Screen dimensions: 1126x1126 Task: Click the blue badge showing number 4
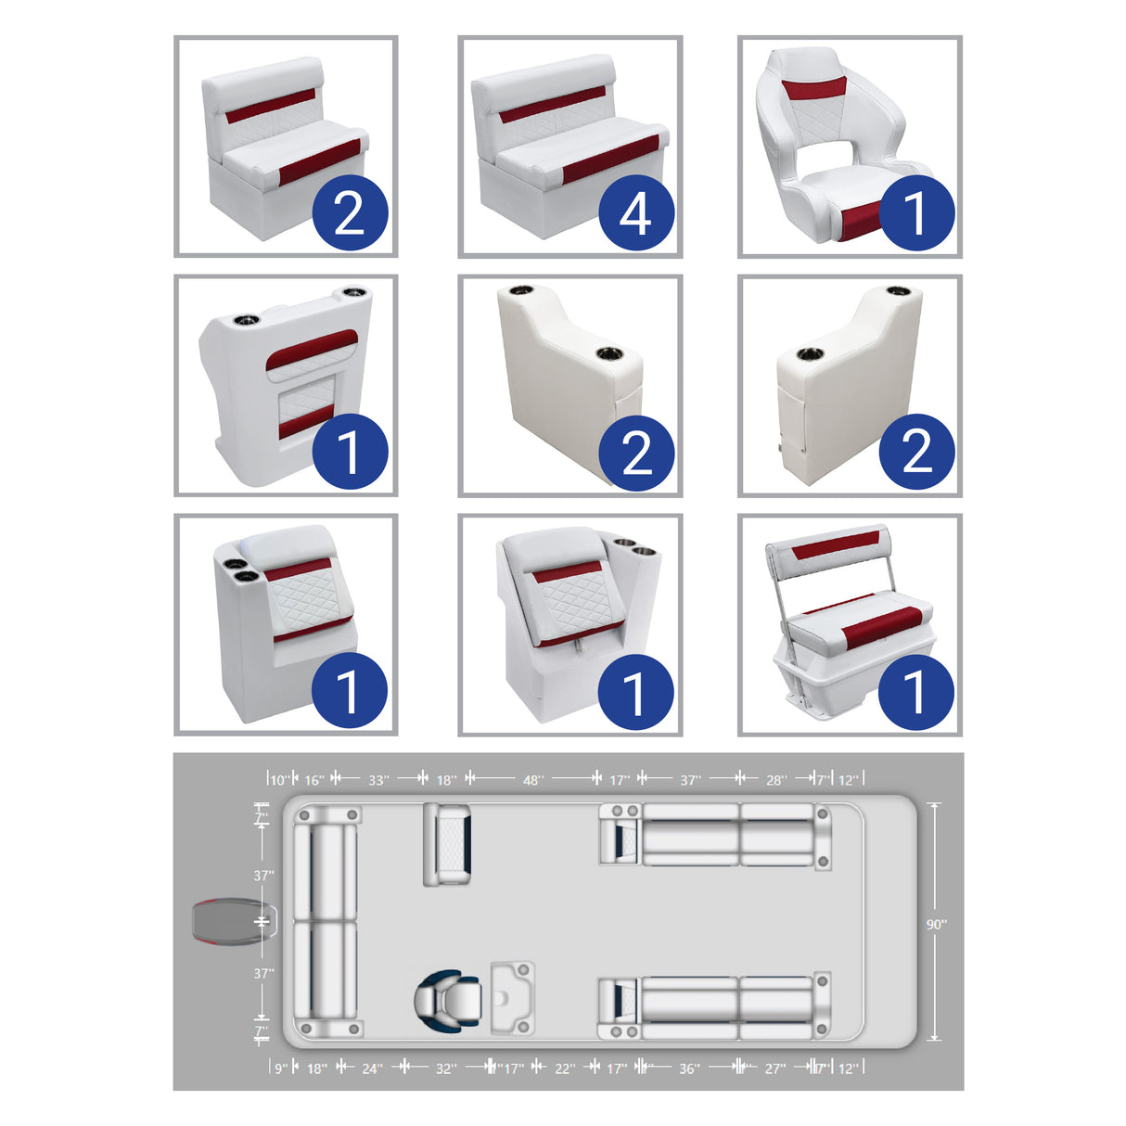635,213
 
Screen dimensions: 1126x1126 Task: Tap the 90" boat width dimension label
936,924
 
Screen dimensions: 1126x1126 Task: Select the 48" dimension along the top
532,780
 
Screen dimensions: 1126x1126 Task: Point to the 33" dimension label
378,780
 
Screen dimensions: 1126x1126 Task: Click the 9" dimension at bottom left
280,1068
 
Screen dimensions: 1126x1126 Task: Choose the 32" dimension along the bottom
446,1068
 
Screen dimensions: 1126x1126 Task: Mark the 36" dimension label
689,1068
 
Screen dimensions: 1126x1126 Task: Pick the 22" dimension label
565,1068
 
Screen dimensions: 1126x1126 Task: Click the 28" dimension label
775,780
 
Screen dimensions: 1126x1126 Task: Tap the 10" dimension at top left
279,780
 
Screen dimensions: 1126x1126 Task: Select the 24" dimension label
371,1068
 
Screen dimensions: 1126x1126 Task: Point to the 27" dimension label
774,1068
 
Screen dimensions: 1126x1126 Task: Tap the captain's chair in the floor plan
445,1000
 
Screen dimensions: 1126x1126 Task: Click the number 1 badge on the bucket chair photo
915,213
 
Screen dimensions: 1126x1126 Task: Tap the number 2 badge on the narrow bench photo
349,213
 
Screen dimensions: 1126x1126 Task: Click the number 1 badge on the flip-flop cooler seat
915,691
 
